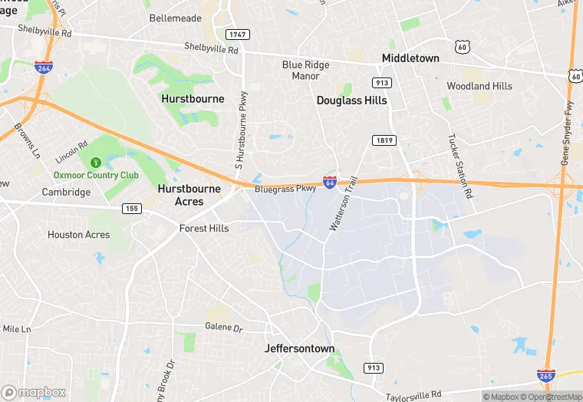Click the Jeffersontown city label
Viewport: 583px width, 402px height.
[x=299, y=348]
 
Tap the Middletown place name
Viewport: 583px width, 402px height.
[x=410, y=58]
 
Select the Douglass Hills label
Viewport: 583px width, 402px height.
[x=351, y=100]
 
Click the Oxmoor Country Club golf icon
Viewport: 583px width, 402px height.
[x=96, y=163]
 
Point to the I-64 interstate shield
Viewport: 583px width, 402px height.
[x=329, y=183]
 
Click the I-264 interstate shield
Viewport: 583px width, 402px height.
[x=44, y=68]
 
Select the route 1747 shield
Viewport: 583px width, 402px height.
[x=237, y=35]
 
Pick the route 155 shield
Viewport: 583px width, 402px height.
[x=133, y=207]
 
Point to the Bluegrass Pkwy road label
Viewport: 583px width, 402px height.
[x=285, y=188]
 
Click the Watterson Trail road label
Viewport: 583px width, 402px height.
[x=344, y=204]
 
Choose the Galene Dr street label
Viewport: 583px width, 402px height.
[x=223, y=327]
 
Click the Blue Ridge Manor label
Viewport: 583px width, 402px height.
[x=305, y=71]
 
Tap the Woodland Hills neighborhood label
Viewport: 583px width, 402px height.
[x=479, y=86]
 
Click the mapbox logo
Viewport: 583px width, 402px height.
[x=34, y=393]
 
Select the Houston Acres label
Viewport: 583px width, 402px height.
[x=78, y=235]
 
